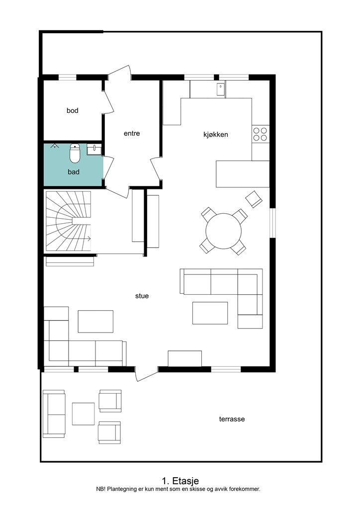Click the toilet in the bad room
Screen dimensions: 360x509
point(75,153)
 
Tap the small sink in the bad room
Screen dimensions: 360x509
point(94,150)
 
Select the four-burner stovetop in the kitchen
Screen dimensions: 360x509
point(260,134)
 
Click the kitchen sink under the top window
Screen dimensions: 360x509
point(221,90)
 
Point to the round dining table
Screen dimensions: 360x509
point(223,231)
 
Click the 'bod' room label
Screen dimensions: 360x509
point(73,110)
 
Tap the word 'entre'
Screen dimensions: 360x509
point(132,133)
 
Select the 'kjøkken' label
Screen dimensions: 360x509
point(215,134)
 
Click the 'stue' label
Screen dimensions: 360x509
point(142,296)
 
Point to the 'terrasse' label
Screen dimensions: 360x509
point(232,419)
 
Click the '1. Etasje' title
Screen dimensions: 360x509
point(180,481)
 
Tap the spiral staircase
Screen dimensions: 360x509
point(68,221)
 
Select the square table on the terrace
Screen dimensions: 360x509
point(83,414)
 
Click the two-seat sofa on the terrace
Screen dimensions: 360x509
point(54,414)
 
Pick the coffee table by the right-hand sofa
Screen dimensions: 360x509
point(210,313)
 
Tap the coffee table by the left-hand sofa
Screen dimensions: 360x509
point(96,322)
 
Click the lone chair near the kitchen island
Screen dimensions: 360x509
point(254,199)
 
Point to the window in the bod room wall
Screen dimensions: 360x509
point(67,77)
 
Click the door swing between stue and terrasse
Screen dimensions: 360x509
point(145,374)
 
